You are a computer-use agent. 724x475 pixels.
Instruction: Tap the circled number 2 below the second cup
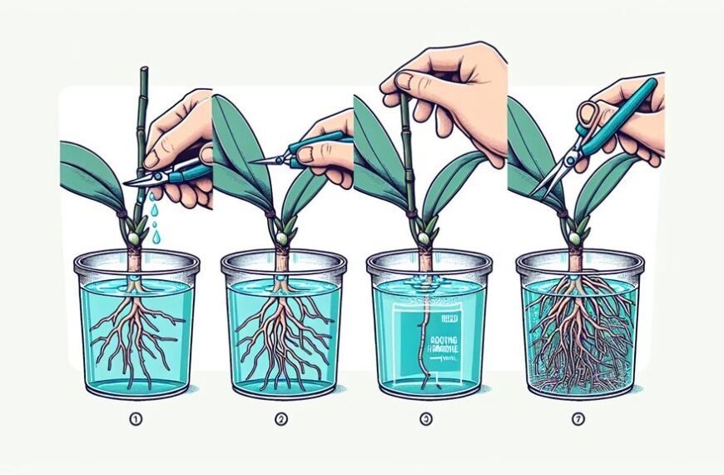pyautogui.click(x=281, y=419)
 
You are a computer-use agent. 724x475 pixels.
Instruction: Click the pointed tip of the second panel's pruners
pyautogui.click(x=254, y=161)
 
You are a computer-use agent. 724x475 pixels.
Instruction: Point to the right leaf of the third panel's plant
pyautogui.click(x=454, y=183)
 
